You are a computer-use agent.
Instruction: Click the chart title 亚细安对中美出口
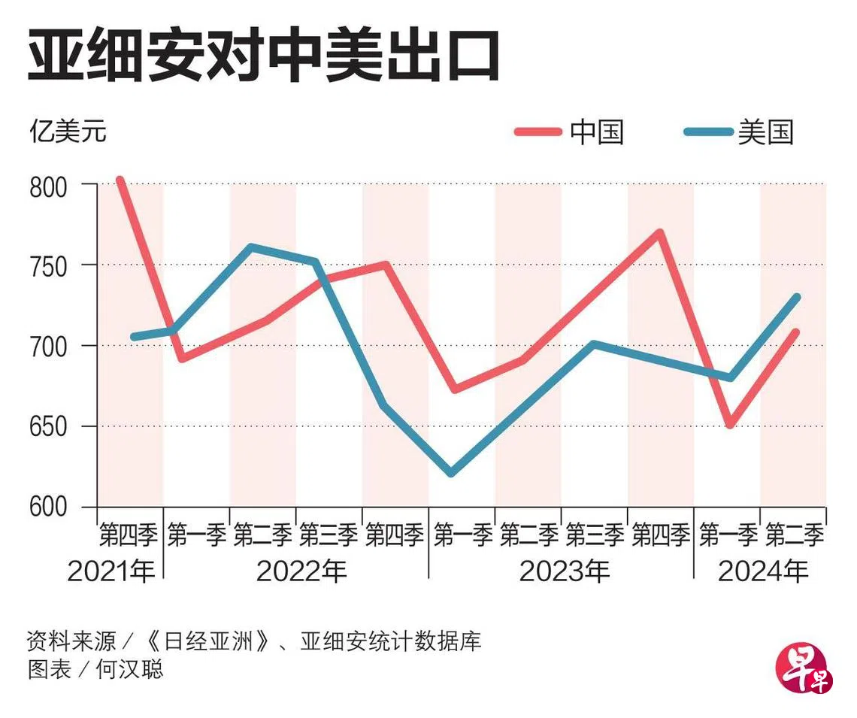[x=263, y=55]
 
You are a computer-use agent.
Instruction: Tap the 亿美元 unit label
[x=68, y=132]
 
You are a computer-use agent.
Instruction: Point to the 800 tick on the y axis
[x=48, y=185]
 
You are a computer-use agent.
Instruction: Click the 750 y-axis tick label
[x=48, y=265]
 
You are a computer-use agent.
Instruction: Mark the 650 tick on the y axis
[x=48, y=426]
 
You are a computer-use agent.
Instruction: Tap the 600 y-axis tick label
[x=48, y=507]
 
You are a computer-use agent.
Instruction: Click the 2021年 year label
[x=111, y=572]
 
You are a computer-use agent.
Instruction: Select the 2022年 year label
[x=301, y=572]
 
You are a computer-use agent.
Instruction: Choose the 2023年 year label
[x=565, y=572]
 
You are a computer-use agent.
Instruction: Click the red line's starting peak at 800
[x=120, y=180]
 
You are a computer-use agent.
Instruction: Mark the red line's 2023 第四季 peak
[x=659, y=232]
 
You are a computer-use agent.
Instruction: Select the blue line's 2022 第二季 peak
[x=251, y=247]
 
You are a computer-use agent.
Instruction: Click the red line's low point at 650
[x=729, y=425]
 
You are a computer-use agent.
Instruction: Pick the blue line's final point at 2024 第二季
[x=796, y=297]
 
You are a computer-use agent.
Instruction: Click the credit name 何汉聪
[x=129, y=668]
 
